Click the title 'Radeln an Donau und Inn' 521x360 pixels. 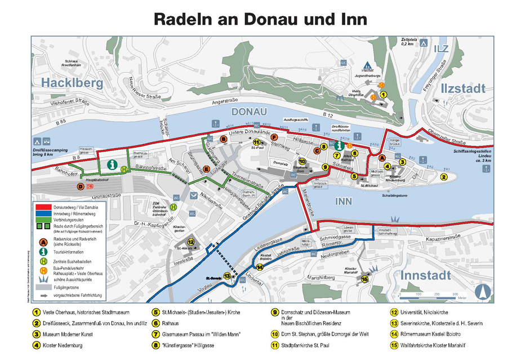pos(260,19)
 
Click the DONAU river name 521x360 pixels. pos(248,112)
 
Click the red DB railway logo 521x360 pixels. pos(90,186)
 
